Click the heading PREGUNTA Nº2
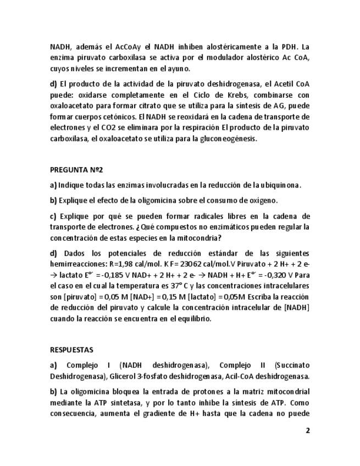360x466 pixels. click(x=76, y=170)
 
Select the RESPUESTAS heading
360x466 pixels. click(x=71, y=349)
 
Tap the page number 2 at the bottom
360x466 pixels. click(x=308, y=430)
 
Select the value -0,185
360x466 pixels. click(x=117, y=275)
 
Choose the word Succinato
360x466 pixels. click(x=291, y=365)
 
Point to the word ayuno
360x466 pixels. click(x=178, y=69)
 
